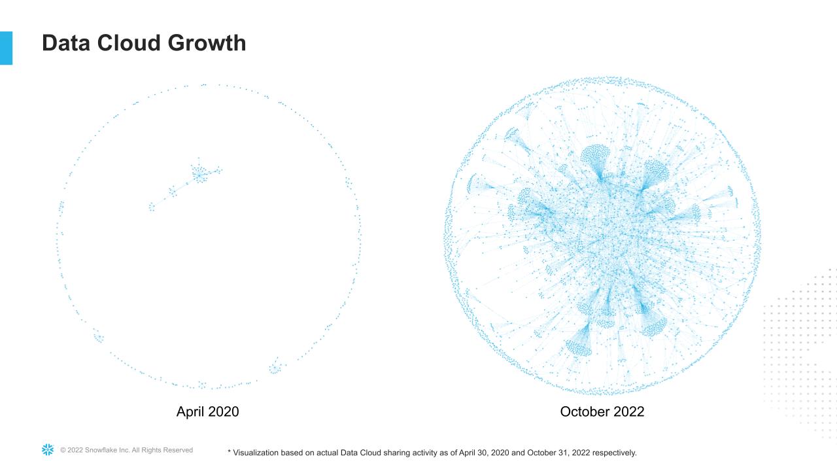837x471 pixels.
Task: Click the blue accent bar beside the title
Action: point(6,48)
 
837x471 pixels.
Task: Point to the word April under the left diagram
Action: point(191,411)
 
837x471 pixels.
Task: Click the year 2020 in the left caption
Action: point(224,411)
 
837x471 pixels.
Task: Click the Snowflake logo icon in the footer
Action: point(48,449)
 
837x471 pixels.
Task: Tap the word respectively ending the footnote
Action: point(615,453)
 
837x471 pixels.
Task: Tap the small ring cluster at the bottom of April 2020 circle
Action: point(275,368)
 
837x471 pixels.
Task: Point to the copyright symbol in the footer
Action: point(63,450)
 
